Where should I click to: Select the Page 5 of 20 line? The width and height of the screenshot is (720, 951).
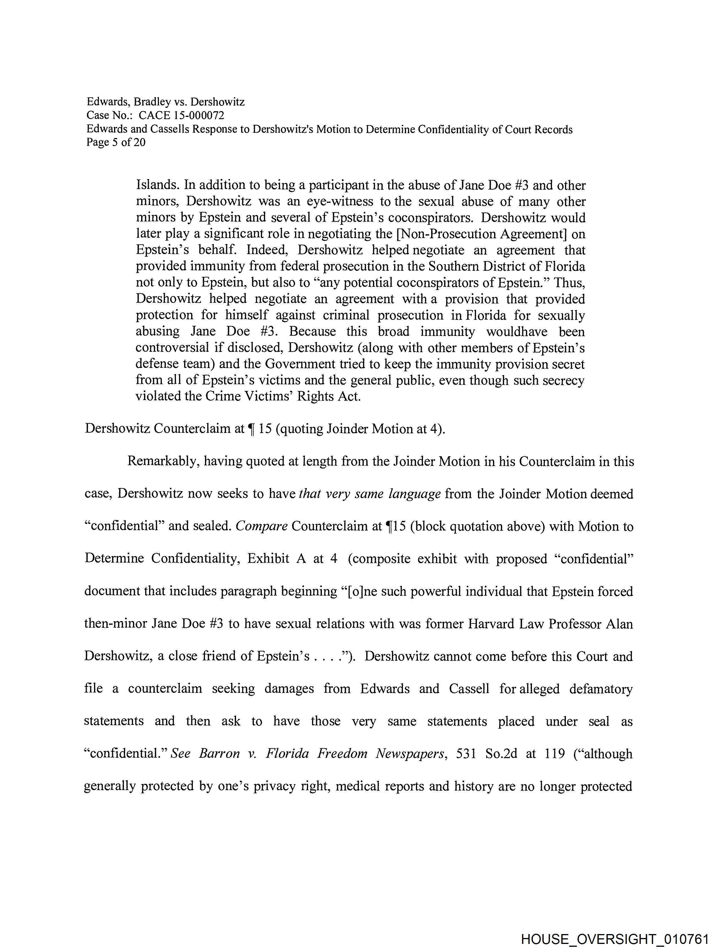(x=116, y=142)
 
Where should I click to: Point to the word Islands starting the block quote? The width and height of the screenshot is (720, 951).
(x=158, y=185)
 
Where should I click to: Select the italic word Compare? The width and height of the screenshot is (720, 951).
(x=261, y=526)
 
